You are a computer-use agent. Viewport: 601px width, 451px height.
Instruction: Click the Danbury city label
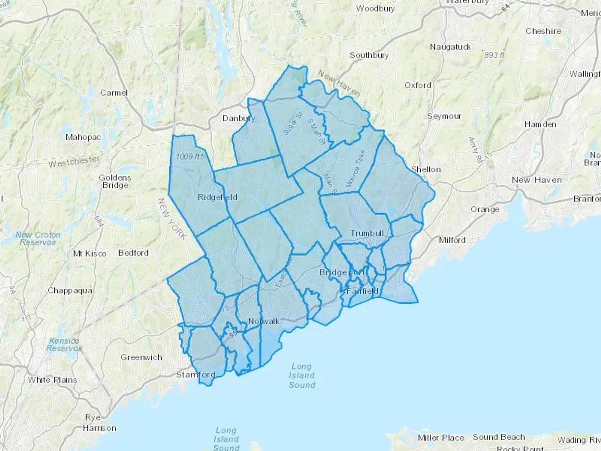[238, 118]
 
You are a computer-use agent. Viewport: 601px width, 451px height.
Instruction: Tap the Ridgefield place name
[217, 197]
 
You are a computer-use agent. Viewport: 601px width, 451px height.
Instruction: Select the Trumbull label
[367, 233]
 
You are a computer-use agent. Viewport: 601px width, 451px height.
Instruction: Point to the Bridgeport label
[342, 272]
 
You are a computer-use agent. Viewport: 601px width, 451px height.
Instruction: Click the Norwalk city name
[264, 321]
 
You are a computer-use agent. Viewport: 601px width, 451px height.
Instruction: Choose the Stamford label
[196, 374]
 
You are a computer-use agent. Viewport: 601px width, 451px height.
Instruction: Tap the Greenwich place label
[141, 357]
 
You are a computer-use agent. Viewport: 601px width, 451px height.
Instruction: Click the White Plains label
[52, 380]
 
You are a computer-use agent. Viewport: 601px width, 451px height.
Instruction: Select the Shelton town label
[426, 169]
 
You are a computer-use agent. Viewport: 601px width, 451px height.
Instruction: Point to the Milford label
[452, 240]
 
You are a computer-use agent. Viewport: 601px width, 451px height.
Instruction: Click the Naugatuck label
[450, 47]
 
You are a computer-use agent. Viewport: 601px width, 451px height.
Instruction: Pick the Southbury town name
[369, 55]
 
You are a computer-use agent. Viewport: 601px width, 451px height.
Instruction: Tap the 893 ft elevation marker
[494, 55]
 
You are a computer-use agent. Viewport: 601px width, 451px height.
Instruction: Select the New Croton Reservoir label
[38, 239]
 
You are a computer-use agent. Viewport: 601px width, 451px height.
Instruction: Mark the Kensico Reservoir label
[64, 344]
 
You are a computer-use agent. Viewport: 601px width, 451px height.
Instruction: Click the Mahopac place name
[83, 137]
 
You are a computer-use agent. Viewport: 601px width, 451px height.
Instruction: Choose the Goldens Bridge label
[115, 181]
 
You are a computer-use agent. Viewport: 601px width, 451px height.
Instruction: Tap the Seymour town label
[444, 116]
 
